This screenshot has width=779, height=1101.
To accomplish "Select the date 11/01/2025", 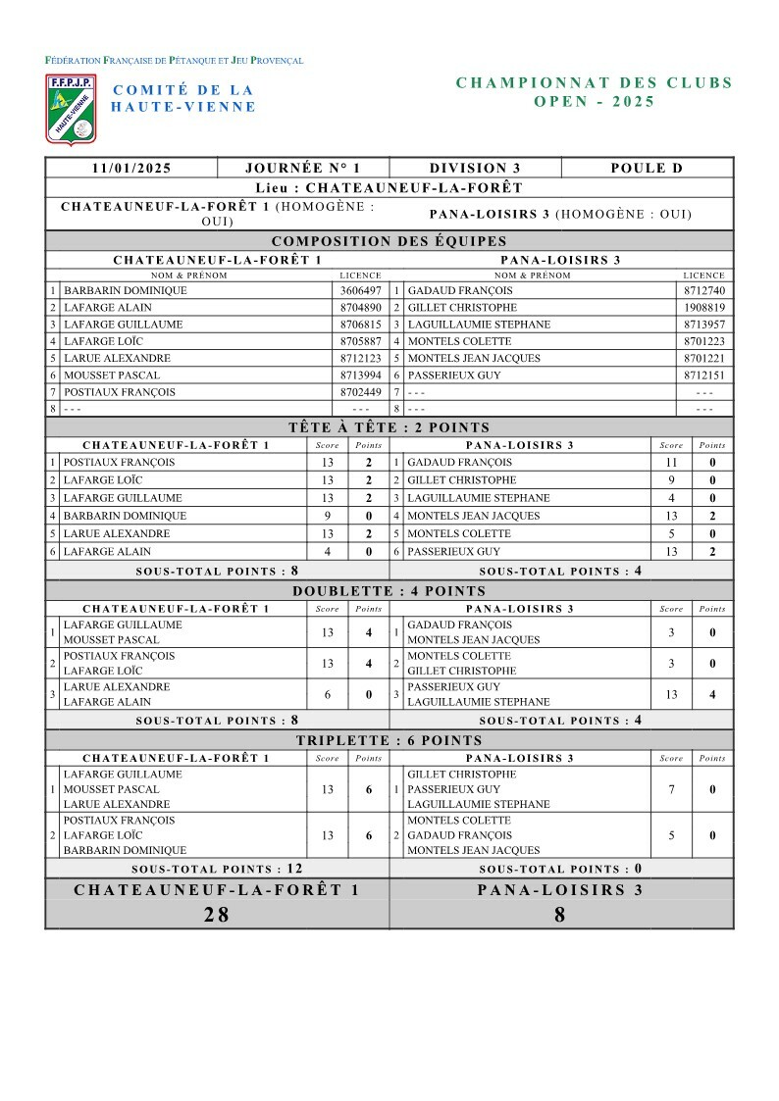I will tap(131, 168).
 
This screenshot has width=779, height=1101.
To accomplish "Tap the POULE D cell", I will tap(647, 168).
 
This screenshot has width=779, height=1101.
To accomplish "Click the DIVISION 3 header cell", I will tap(475, 168).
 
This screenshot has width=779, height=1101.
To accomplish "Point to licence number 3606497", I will tap(360, 291).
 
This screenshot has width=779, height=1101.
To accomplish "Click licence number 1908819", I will tap(704, 308).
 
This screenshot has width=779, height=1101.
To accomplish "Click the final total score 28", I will tap(217, 915).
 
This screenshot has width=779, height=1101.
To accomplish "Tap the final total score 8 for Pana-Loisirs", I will tap(560, 915).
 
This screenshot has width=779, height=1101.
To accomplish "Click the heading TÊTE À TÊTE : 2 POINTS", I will tap(389, 427).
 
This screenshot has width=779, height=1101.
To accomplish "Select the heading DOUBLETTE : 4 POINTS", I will tap(389, 591).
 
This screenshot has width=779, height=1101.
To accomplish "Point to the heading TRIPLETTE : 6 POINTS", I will tap(389, 740).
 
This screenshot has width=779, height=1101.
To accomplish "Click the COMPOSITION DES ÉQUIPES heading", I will tap(389, 241).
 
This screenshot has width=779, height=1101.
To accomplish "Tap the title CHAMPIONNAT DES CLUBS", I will tap(595, 83).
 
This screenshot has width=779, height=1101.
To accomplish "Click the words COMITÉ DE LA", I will tap(183, 90).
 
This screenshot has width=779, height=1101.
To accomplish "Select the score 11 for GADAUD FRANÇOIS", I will tap(671, 462).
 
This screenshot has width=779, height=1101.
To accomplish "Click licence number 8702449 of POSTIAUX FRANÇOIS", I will tap(360, 392).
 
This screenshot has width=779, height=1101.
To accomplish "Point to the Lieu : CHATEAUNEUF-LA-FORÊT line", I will tap(389, 187).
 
